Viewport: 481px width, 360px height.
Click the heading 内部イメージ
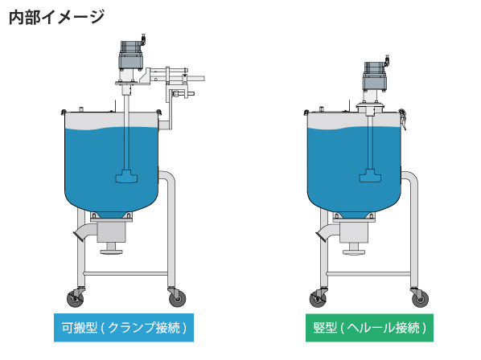coord(57,17)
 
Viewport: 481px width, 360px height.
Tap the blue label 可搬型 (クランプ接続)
coord(124,328)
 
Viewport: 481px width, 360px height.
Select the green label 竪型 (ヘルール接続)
coord(369,328)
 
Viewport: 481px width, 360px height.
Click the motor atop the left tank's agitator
coord(131,55)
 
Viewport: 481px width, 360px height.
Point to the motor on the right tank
coord(375,76)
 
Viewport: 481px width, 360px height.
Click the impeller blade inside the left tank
coord(126,177)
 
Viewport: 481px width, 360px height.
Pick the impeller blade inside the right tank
coord(370,176)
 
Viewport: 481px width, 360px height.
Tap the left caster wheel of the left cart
coord(75,298)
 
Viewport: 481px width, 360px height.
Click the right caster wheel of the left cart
coord(177,298)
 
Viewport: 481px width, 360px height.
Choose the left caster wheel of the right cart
coord(318,299)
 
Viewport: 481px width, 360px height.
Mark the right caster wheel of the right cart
coord(420,299)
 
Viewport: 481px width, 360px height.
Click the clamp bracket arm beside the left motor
coord(172,83)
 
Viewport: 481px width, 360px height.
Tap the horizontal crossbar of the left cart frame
coord(126,273)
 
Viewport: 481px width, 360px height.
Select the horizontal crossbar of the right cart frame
coord(368,273)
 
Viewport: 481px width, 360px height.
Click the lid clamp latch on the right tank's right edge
coord(402,119)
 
